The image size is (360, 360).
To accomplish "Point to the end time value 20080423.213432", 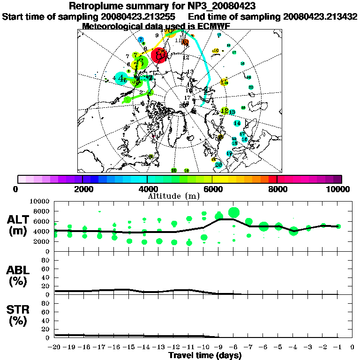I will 320,16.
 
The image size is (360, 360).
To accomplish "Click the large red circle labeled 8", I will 160,56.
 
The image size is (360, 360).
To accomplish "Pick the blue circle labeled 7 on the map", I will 141,40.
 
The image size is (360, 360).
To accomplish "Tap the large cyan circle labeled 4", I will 121,78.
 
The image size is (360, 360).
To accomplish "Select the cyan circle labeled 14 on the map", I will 237,123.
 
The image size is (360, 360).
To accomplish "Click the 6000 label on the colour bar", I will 212,189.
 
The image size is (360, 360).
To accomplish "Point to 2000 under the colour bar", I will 82,189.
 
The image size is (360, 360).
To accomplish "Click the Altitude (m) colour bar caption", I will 180,195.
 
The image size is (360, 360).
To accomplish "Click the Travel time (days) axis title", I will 205,356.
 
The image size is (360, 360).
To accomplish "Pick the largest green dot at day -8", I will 234,212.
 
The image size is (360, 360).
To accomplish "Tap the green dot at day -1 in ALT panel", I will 338,226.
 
